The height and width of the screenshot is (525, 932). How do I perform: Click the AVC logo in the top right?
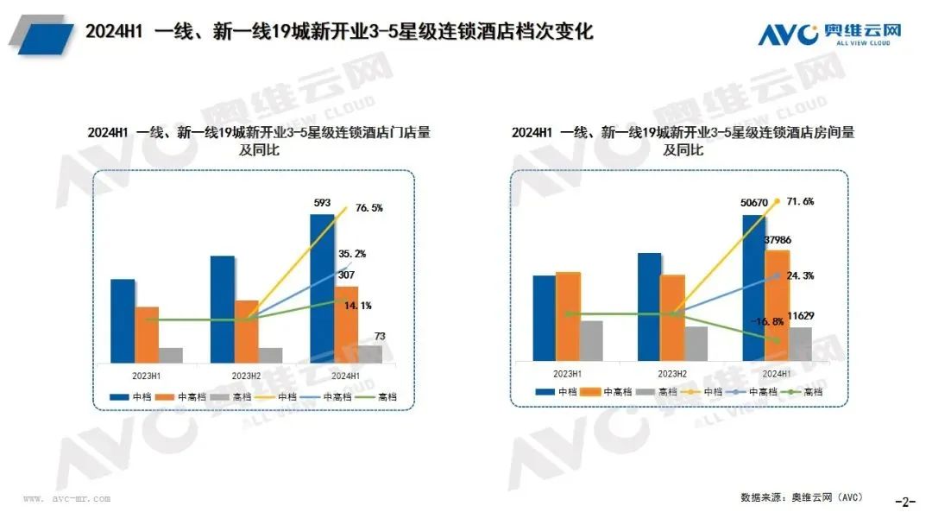point(829,34)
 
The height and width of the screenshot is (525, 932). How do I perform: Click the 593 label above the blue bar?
point(321,204)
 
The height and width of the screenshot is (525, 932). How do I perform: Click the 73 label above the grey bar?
point(380,335)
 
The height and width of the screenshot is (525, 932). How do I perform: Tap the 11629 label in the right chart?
point(803,316)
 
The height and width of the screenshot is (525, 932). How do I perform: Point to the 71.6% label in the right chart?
point(800,201)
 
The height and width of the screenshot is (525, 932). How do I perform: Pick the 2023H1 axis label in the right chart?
point(566,373)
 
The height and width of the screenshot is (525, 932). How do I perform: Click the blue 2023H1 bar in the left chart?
point(123,320)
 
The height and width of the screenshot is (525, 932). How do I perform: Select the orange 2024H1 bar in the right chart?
point(778,305)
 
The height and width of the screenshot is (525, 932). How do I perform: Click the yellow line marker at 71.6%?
point(777,201)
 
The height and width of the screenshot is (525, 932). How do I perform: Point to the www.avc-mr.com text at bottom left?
point(66,499)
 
